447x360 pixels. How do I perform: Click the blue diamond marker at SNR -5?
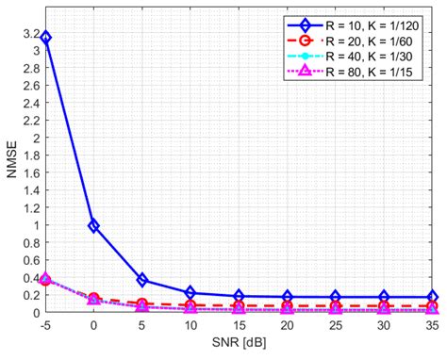click(x=45, y=38)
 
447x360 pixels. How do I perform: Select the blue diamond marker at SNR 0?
click(x=93, y=225)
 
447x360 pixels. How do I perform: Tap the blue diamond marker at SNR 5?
click(x=141, y=280)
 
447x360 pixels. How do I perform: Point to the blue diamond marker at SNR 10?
click(x=190, y=293)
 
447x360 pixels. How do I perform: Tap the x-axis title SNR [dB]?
click(x=240, y=348)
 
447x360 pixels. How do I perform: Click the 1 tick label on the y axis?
click(x=33, y=225)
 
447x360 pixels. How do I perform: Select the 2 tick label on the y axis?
click(x=33, y=138)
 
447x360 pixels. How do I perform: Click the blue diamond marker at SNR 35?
click(x=433, y=297)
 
